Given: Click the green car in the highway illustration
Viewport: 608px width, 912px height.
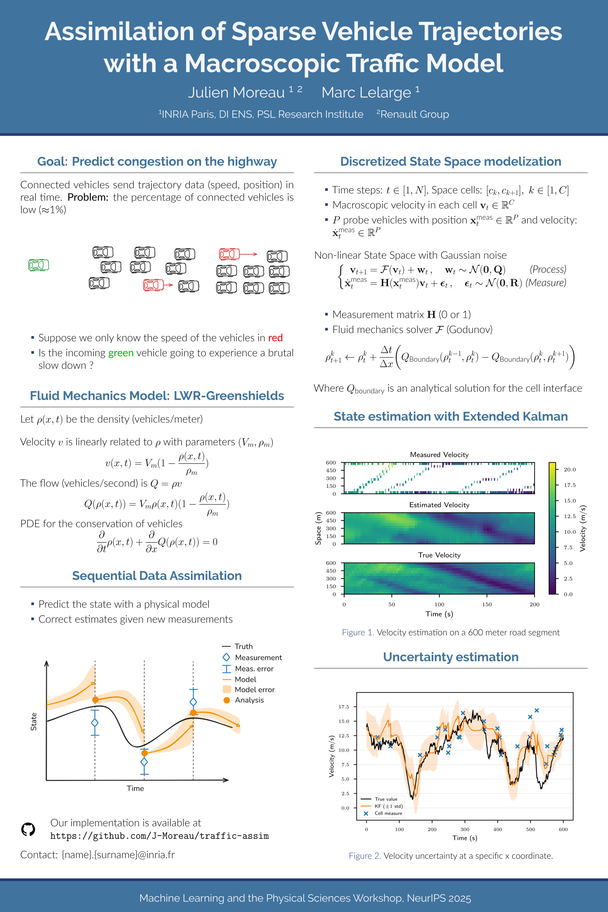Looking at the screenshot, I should point(38,265).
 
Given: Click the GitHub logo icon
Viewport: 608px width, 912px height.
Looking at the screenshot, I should point(28,829).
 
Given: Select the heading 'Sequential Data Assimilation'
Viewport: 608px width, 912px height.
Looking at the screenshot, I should point(157,576).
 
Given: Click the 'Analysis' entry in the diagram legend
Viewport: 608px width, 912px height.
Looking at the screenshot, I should point(249,700).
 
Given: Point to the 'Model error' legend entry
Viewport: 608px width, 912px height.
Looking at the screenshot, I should point(254,689).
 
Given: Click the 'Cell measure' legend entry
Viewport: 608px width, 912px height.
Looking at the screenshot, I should point(388,813).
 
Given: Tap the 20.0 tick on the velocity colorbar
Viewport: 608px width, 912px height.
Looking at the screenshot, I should point(569,470).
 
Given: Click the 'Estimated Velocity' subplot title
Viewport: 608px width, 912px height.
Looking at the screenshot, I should point(439,505).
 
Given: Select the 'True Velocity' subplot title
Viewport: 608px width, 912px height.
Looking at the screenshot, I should point(439,555).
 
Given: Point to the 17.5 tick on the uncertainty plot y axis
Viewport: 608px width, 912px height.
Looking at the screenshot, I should point(344,706).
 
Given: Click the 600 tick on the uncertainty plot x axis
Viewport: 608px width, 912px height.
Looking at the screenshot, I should point(563,829).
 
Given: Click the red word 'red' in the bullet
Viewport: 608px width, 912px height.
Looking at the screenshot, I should point(275,338).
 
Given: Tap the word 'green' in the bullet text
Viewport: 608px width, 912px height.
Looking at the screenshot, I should point(121,353).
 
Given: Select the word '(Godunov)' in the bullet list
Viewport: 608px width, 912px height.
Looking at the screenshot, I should point(469,330).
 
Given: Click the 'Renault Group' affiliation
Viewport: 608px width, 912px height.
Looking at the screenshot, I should point(414,114).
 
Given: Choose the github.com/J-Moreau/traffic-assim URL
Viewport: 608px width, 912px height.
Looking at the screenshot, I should point(159,836).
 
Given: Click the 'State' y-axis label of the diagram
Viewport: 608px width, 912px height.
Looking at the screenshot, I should point(34,722).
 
